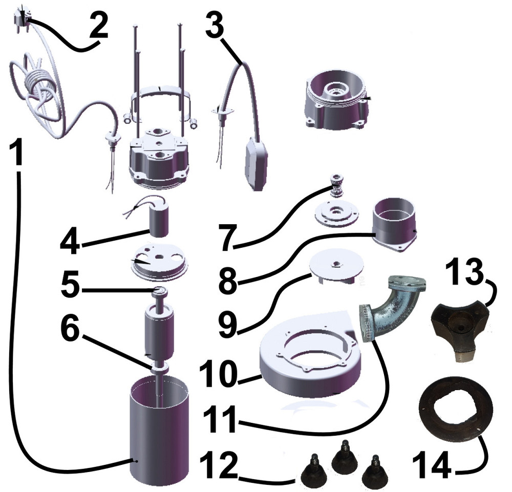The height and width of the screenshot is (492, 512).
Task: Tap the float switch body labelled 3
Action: [x=257, y=163]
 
